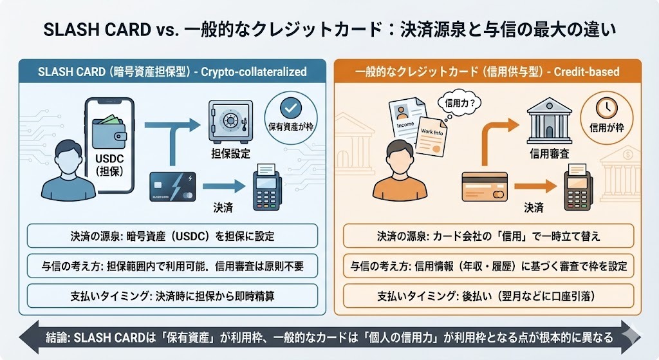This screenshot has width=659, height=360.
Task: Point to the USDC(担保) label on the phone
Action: tap(109, 164)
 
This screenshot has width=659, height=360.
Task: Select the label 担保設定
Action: tap(230, 154)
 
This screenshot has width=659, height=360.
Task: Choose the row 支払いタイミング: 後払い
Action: tap(488, 298)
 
